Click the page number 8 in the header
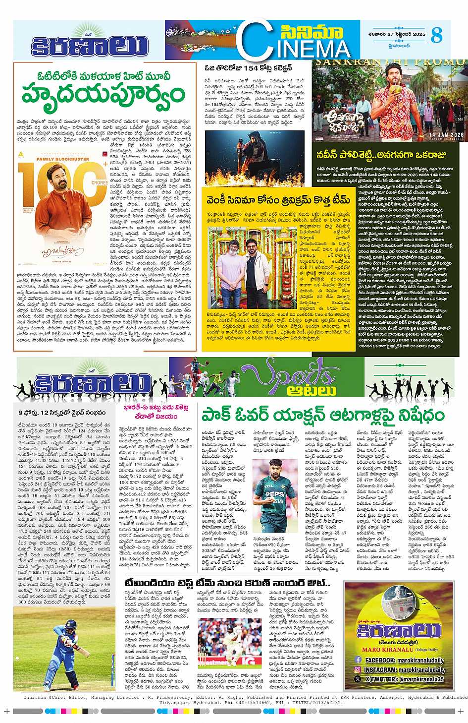(x=436, y=35)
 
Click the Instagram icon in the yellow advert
(x=357, y=669)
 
